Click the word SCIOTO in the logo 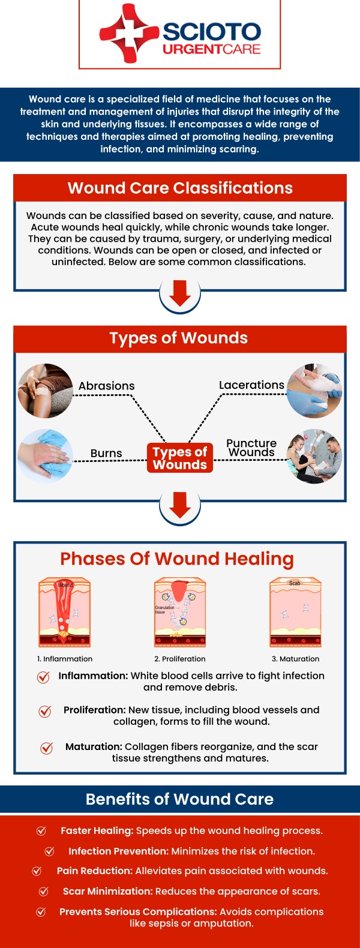coord(211,32)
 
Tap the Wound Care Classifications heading coord(180,188)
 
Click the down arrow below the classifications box coord(180,293)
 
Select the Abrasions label coord(106,386)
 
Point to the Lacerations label coord(251,385)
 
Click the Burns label coord(106,453)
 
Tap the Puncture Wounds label coord(251,448)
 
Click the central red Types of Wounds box coord(180,458)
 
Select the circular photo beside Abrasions coord(45,391)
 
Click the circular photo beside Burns coord(45,456)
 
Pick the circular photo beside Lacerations coord(314,391)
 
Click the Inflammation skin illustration coord(64,612)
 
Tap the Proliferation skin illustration coord(180,612)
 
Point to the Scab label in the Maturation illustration coord(295,583)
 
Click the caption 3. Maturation coord(295,659)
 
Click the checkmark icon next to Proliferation coord(45,711)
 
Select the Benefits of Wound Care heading coord(180,799)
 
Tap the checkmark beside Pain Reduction coord(37,871)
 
